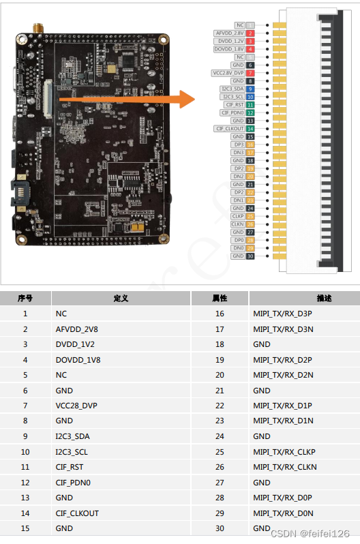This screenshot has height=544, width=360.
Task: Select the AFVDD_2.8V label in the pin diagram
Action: (230, 33)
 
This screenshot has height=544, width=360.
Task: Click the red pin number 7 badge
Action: (251, 73)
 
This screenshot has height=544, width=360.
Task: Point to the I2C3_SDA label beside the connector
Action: (232, 89)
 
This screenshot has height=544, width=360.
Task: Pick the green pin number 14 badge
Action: (251, 129)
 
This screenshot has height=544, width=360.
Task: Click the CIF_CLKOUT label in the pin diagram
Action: (230, 129)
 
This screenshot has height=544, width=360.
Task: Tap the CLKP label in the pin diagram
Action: (237, 216)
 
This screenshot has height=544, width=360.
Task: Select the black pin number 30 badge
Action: (251, 256)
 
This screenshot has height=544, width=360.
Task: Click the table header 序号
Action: (25, 299)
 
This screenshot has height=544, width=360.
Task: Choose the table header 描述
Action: (324, 299)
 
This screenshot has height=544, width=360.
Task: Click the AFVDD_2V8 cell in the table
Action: (77, 329)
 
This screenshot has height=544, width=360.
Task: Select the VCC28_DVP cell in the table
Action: (77, 406)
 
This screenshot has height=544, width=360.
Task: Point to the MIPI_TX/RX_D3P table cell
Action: (282, 314)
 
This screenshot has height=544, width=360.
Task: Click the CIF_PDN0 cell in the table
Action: (74, 483)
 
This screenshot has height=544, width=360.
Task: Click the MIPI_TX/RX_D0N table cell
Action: (283, 513)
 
